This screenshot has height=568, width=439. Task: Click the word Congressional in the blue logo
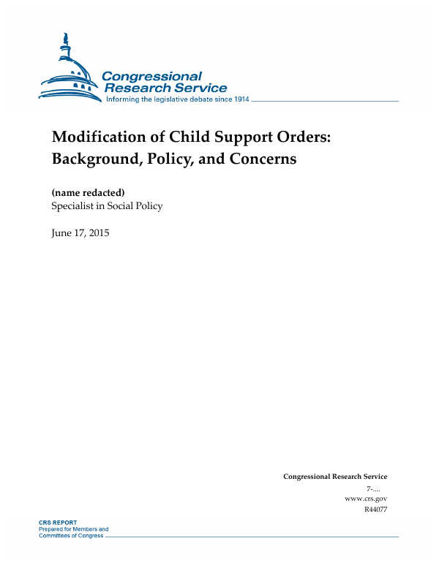pos(151,77)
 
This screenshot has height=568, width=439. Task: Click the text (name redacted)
pos(83,193)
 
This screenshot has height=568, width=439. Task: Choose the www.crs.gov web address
pos(365,498)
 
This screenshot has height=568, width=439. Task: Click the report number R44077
pos(375,509)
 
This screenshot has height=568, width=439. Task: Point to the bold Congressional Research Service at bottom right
pos(335,477)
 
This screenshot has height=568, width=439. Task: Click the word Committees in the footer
pos(54,535)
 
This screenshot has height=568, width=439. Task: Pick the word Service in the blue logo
pos(197,88)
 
